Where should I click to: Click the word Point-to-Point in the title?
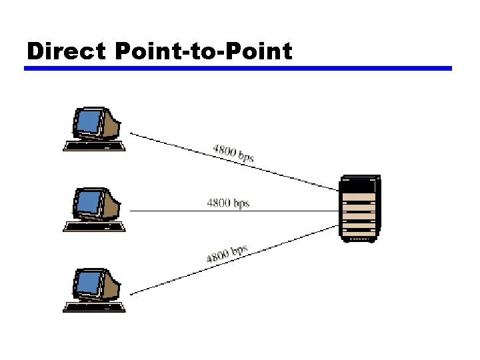point(204,51)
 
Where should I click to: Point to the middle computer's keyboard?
point(94,226)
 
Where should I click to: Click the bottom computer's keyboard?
point(94,307)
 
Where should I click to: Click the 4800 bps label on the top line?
point(233,153)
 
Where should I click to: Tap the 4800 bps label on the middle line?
point(229,202)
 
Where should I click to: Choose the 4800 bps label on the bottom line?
point(227,254)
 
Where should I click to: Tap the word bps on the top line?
point(245,157)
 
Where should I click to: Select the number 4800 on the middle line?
point(219,202)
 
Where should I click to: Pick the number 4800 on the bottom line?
point(217,257)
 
